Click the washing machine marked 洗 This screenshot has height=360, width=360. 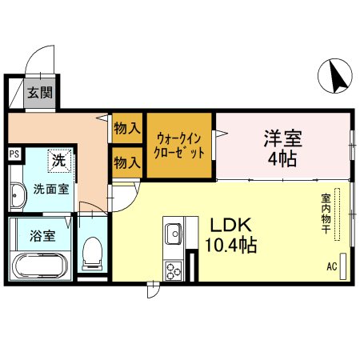click(x=59, y=161)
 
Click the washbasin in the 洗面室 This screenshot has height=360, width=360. click(x=18, y=194)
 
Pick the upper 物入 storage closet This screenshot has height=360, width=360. click(x=126, y=127)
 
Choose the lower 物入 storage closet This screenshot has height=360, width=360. click(x=126, y=162)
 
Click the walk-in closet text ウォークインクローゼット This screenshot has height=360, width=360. click(x=180, y=144)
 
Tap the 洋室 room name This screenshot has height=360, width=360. click(x=282, y=136)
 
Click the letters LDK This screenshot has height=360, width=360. click(x=231, y=225)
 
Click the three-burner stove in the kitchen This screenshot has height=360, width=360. click(x=174, y=270)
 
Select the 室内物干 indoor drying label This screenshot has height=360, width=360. click(x=326, y=214)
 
